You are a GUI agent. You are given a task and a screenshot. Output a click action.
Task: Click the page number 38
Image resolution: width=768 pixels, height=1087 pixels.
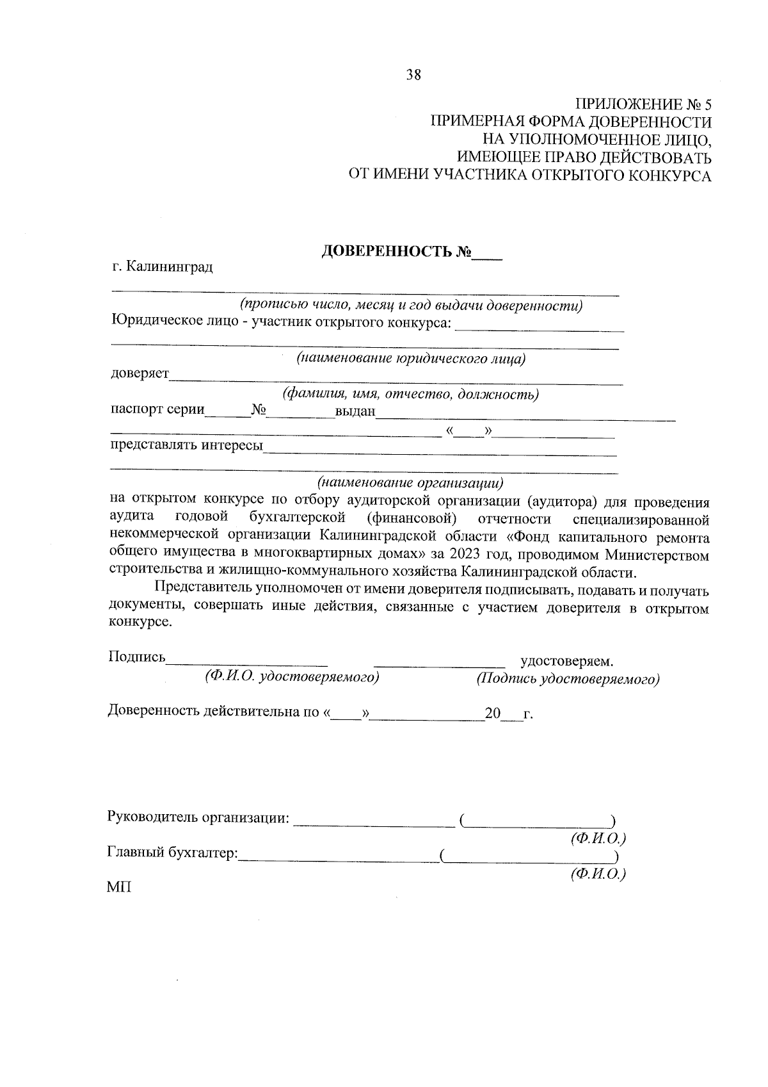[x=413, y=75]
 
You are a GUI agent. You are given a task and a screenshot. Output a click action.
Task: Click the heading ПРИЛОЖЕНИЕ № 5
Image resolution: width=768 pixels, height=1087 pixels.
[x=644, y=104]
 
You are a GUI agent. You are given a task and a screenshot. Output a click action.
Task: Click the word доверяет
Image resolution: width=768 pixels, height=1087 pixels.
[x=140, y=373]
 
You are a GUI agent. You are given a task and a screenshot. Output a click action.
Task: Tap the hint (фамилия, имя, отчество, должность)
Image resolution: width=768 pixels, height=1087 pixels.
[x=410, y=394]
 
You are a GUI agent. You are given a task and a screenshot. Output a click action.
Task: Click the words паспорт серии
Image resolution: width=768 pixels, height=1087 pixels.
[x=157, y=409]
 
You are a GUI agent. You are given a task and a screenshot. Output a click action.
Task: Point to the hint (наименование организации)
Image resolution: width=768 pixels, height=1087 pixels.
[x=410, y=481]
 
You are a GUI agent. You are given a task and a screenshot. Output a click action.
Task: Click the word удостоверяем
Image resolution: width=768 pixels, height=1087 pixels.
[x=567, y=660]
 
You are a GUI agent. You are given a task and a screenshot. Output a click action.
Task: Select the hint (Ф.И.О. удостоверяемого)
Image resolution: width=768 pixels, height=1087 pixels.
[x=292, y=676]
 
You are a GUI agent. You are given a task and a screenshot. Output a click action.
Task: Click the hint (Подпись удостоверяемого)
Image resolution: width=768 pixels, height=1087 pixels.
[x=567, y=678]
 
